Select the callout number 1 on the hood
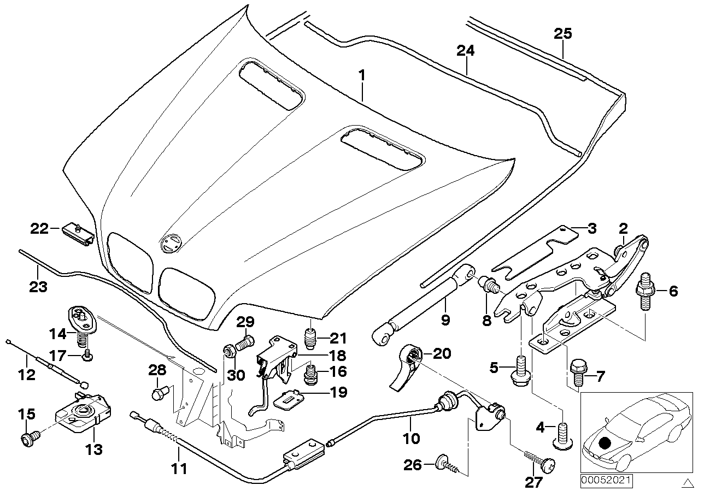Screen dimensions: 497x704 361,75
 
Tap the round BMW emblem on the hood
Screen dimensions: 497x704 171,243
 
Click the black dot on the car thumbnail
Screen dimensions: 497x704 605,443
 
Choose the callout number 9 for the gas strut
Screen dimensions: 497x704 445,320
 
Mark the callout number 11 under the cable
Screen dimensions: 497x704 179,468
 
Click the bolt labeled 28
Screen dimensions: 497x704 159,392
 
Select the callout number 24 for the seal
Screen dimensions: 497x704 466,51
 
